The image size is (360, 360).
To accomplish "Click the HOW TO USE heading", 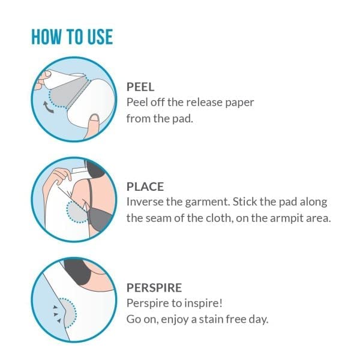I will click(72, 36).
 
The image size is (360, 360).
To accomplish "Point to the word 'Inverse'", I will click(145, 202).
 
